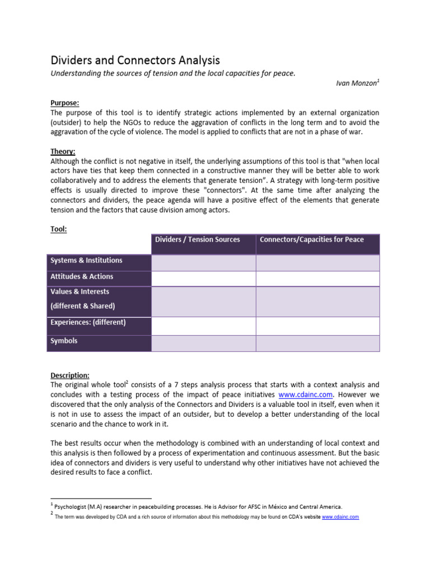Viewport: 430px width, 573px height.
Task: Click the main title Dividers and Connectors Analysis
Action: (135, 60)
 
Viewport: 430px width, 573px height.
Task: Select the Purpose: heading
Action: (65, 103)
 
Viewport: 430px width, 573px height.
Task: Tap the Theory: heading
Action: (63, 151)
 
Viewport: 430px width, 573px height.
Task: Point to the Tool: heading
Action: (58, 229)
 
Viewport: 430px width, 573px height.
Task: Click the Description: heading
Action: (70, 375)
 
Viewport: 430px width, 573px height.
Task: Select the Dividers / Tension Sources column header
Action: (197, 239)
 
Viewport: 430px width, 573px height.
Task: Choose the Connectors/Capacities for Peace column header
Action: (311, 239)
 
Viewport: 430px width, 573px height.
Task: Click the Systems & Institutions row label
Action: (86, 260)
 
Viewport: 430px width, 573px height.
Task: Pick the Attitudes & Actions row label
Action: (82, 276)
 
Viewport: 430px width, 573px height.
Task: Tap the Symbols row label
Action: (64, 341)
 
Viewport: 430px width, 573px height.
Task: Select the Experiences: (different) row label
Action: (88, 322)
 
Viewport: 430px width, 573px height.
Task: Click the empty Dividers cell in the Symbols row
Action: (203, 343)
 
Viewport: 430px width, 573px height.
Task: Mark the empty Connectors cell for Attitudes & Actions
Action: (317, 279)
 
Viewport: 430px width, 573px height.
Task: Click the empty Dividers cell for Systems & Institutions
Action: (203, 262)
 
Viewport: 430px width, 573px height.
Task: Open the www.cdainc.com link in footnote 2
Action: (340, 517)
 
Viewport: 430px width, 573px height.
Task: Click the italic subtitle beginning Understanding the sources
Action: (172, 74)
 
